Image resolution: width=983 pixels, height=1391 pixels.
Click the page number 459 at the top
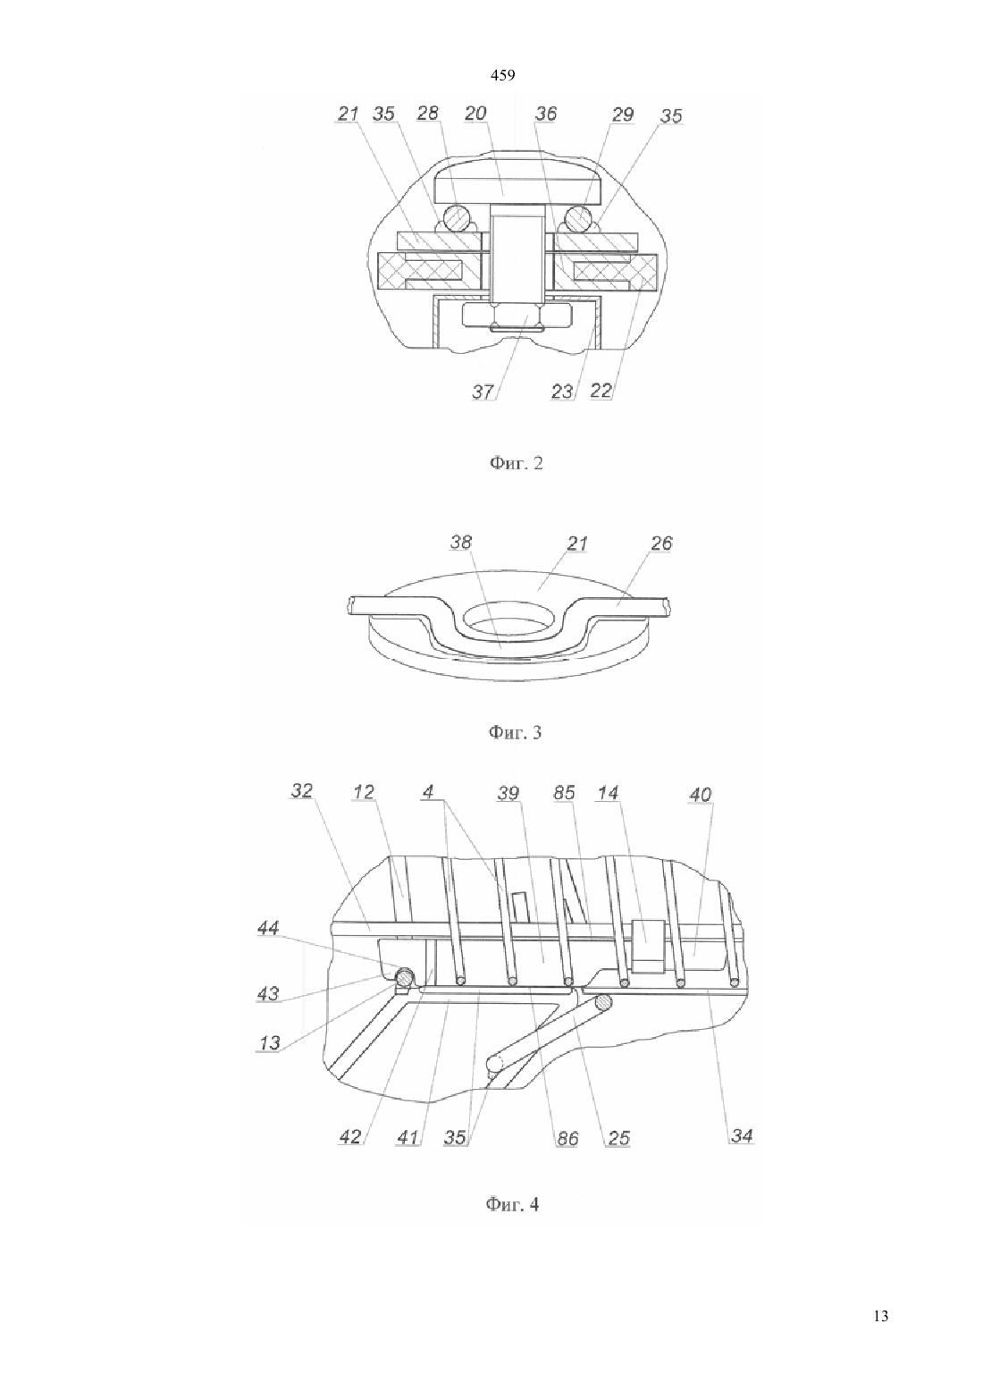pos(502,76)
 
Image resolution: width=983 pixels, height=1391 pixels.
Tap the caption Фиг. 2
pos(517,463)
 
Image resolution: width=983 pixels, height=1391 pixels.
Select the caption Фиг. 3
pos(515,733)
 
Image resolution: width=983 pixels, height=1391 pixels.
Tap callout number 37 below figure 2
pos(483,392)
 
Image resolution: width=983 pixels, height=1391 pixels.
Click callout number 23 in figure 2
pos(562,392)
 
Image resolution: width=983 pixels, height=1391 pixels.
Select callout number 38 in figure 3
pos(461,542)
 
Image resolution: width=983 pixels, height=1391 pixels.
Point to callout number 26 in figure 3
pos(661,544)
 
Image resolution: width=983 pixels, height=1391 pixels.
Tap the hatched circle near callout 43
pos(405,977)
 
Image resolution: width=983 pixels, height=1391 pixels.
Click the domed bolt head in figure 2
pos(518,184)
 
